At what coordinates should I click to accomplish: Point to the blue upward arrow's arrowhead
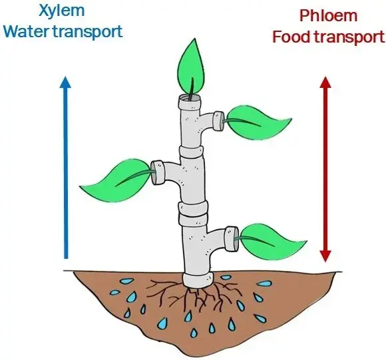(65, 83)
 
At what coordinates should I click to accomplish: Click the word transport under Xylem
(91, 32)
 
